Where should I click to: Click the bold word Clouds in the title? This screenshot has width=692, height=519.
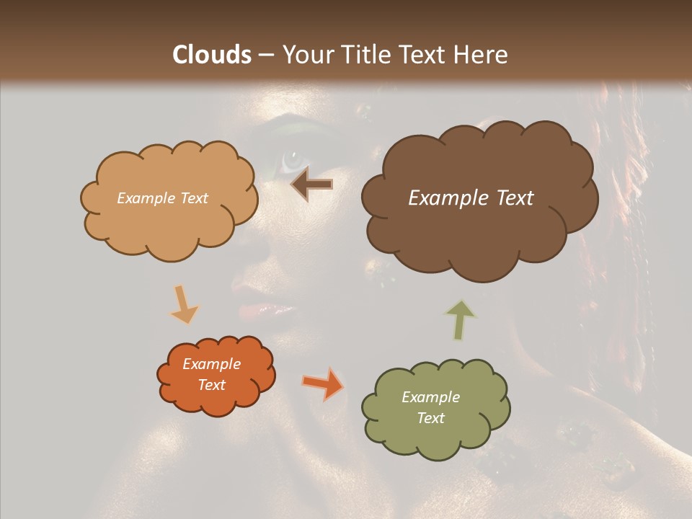tap(212, 55)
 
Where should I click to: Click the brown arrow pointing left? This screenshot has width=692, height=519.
tap(312, 185)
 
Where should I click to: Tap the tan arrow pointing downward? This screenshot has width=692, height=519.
tap(185, 304)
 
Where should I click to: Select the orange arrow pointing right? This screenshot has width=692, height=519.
tap(322, 383)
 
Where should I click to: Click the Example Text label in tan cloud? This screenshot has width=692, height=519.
tap(162, 198)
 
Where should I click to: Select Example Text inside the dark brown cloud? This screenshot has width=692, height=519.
tap(471, 198)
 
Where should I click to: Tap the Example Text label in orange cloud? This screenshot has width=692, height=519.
tap(211, 374)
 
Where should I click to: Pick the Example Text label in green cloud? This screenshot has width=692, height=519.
tap(430, 407)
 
